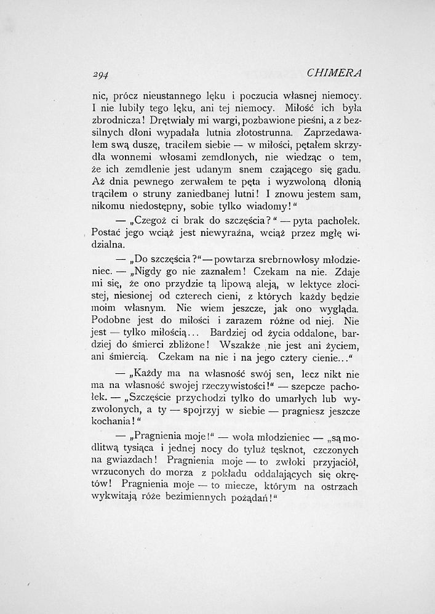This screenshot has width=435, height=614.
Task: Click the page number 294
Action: pyautogui.click(x=100, y=74)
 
